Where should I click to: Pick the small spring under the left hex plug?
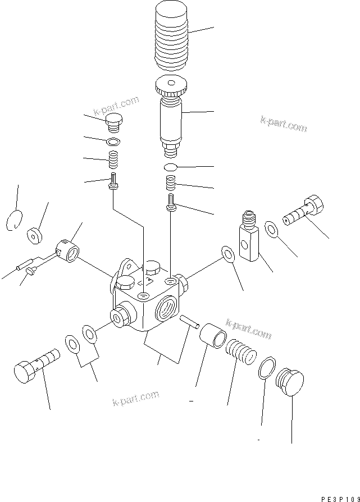[113, 160]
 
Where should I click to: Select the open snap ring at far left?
[16, 220]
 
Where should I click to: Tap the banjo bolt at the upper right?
[303, 213]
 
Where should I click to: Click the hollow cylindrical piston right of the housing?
[213, 336]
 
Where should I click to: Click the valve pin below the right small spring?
[171, 202]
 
